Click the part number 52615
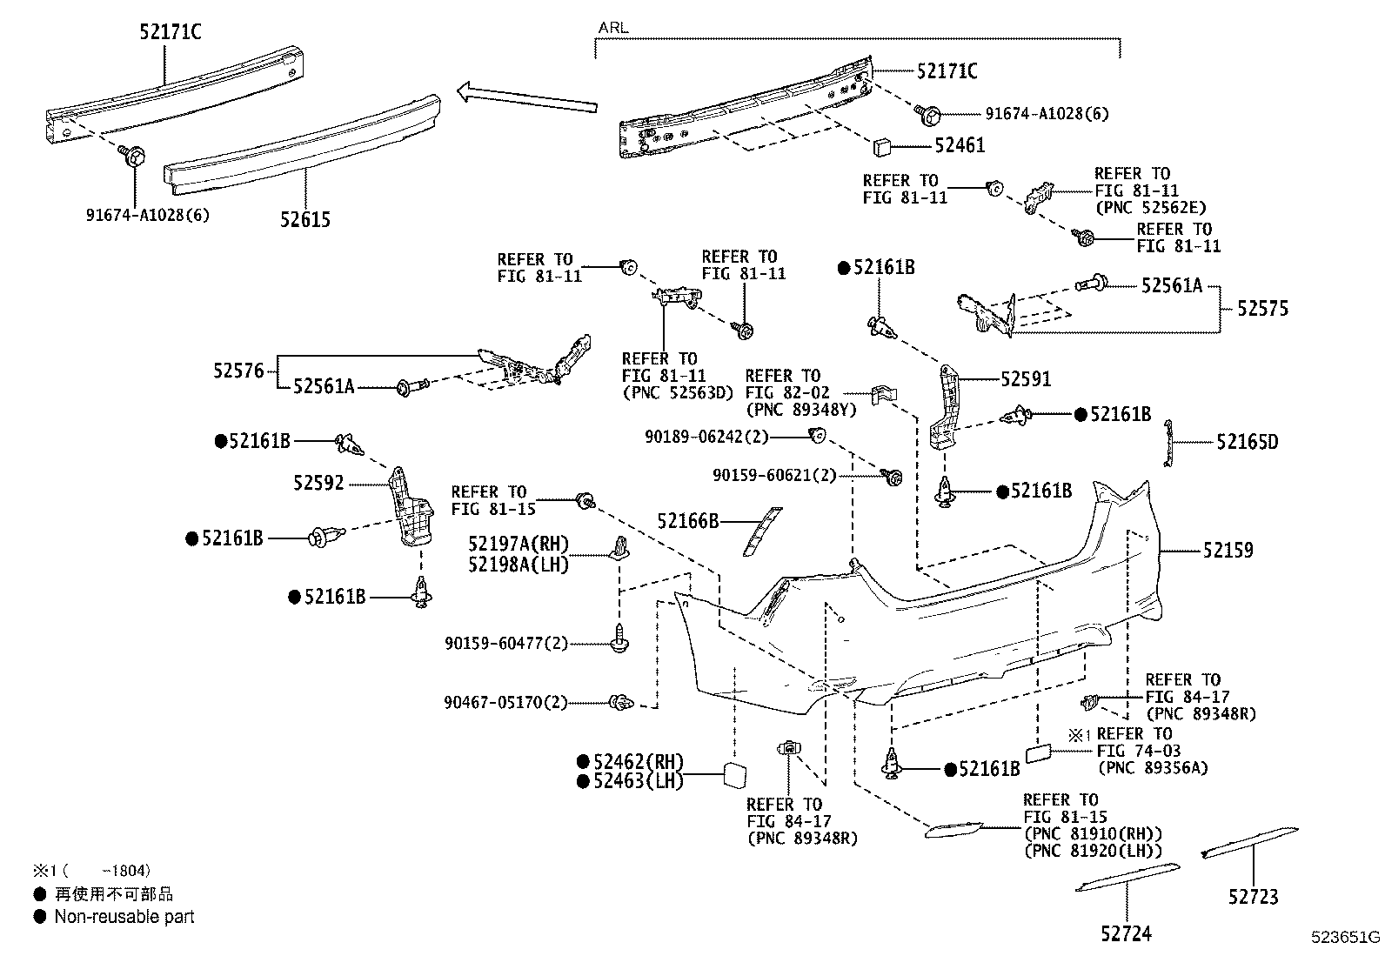click(305, 220)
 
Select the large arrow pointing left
click(526, 97)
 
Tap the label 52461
click(960, 145)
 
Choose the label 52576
click(238, 371)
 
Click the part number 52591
click(1026, 379)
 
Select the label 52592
click(318, 484)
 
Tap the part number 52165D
click(1248, 442)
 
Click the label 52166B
click(688, 521)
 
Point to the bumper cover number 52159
click(1228, 551)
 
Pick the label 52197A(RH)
click(518, 545)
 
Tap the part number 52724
click(1126, 934)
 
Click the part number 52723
click(1254, 897)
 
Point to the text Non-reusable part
click(124, 917)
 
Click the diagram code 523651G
click(1347, 937)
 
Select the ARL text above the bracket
click(612, 28)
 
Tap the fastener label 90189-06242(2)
click(707, 437)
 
